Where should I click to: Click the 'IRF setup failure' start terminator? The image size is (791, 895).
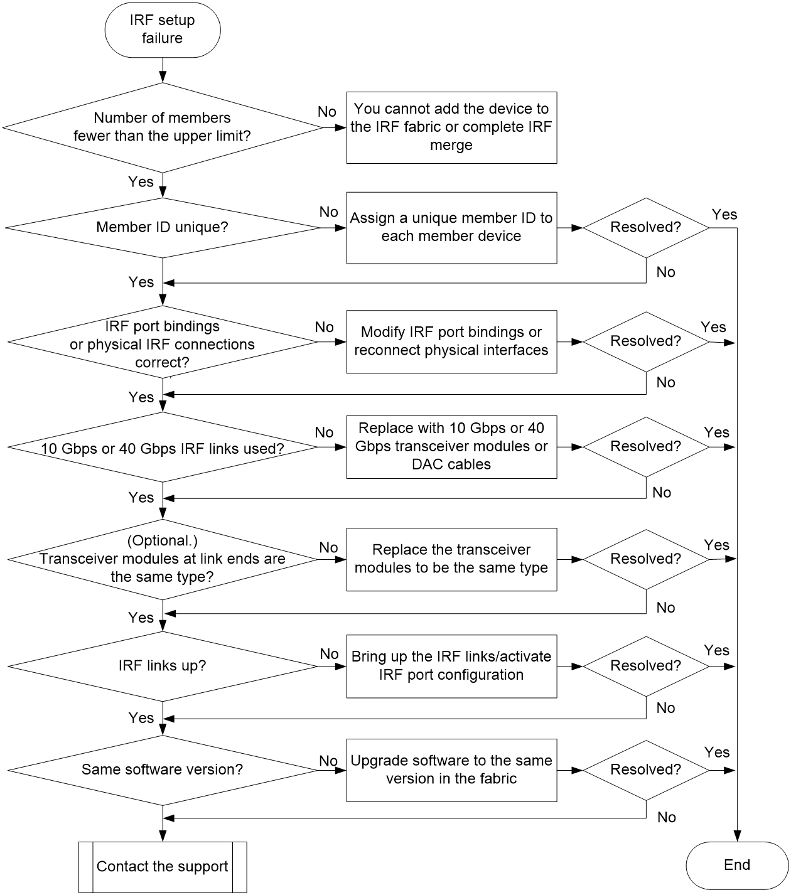[x=162, y=29]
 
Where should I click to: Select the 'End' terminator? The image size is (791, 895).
[x=736, y=865]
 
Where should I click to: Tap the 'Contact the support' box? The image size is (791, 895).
[x=163, y=867]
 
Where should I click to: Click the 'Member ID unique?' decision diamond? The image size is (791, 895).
[x=162, y=227]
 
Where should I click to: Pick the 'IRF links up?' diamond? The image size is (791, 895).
[x=162, y=666]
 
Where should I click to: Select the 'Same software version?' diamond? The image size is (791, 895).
[x=162, y=770]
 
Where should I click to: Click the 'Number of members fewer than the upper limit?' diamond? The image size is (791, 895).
[x=162, y=127]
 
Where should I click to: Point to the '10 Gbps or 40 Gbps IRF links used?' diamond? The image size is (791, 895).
[x=162, y=447]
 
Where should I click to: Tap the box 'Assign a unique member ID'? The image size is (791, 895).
[x=451, y=227]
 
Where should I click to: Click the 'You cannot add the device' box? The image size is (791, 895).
[x=451, y=127]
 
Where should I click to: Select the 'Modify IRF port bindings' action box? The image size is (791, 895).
[x=451, y=341]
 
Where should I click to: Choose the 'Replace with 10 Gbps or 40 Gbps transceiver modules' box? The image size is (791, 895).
[x=451, y=447]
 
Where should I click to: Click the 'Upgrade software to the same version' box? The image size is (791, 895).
[x=451, y=770]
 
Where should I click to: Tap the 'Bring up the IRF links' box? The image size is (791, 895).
[x=451, y=666]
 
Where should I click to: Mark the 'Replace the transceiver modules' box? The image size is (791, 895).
[x=451, y=559]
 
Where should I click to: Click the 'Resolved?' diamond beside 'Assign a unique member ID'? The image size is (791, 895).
[x=645, y=227]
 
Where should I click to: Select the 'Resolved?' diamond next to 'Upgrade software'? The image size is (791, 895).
[x=645, y=770]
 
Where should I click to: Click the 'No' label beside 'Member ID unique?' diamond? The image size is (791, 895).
[x=328, y=212]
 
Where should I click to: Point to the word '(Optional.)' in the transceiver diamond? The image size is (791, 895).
[x=162, y=541]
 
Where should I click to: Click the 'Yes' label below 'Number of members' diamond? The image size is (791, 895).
[x=141, y=181]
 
